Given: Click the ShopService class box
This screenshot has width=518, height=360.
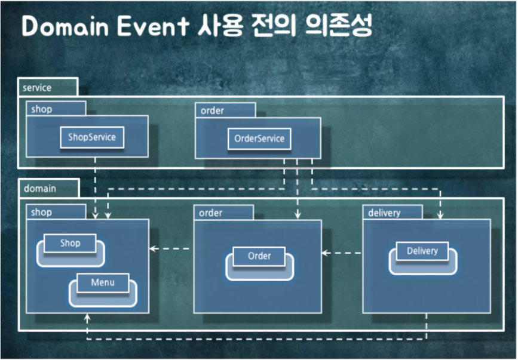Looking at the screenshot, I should point(91,137).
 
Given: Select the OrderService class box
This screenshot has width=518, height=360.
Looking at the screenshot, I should point(259,139).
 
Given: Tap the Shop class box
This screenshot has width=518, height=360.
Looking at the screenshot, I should point(70,243).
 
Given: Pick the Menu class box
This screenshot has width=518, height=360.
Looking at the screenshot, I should point(102,282).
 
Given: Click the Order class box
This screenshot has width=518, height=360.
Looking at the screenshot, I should point(259,256).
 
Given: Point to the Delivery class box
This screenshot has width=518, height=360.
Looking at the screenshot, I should point(422,251).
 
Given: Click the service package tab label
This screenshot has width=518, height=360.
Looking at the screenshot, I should point(36,88).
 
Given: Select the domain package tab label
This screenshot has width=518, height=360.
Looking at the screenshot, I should point(39,189).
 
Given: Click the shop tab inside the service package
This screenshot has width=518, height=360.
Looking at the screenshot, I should point(41,109).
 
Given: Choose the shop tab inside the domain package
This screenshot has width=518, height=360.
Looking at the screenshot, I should point(41,212).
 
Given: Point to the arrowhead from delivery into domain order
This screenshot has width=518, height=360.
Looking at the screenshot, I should point(325,253).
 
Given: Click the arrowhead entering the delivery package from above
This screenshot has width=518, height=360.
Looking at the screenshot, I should point(440,216).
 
